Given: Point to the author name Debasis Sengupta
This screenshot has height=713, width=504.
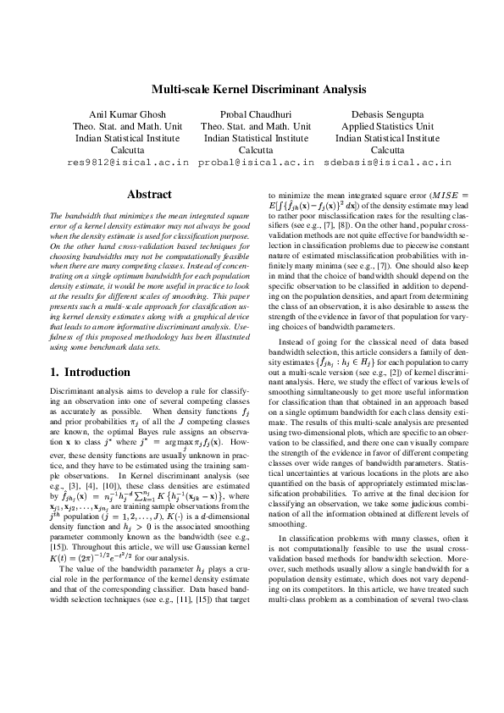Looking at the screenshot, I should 383,114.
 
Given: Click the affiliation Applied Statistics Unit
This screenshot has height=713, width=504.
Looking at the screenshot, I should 383,126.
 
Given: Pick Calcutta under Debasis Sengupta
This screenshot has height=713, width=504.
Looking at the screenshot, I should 383,149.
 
